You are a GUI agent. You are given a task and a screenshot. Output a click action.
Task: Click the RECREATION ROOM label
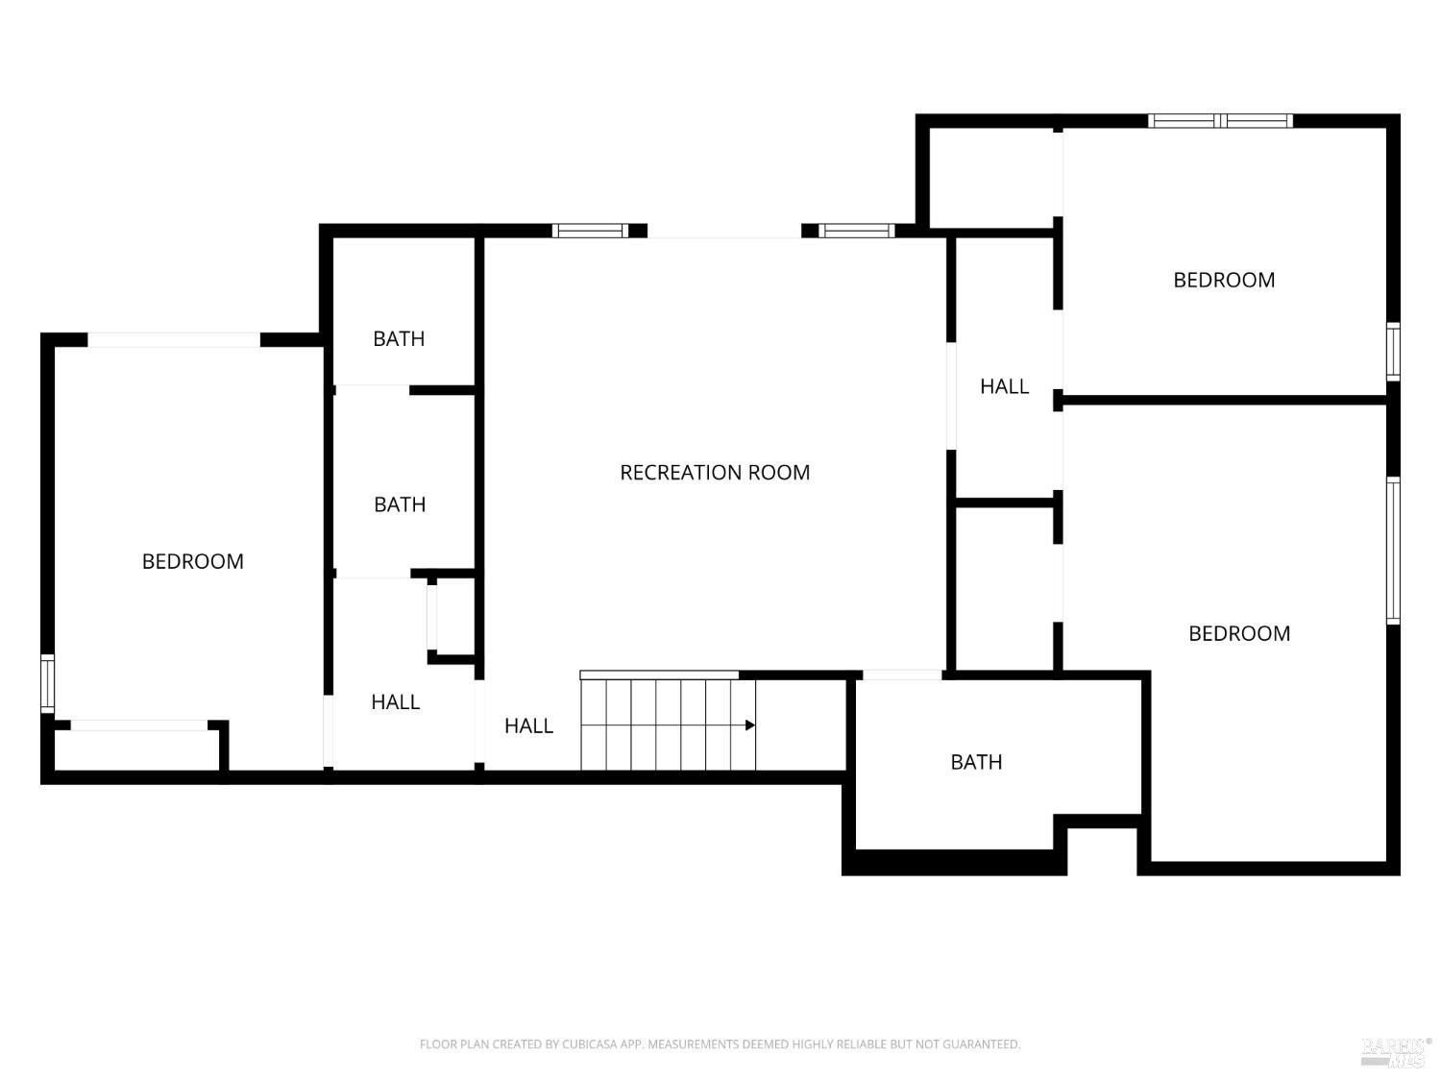pos(715,472)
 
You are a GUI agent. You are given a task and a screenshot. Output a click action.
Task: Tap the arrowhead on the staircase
pos(750,725)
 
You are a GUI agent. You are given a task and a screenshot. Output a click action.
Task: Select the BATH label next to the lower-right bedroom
pos(976,762)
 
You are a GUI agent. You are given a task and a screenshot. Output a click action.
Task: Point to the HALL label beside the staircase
pos(528,725)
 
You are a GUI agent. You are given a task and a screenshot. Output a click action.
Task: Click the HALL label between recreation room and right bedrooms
pos(1004,386)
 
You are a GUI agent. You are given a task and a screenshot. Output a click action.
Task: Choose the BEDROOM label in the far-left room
pos(192,561)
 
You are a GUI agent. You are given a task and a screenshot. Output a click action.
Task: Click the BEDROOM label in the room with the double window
pos(1224,280)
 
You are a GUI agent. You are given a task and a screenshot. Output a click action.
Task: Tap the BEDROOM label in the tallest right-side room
pos(1239,633)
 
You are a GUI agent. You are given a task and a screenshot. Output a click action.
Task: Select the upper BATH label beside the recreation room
pos(399,338)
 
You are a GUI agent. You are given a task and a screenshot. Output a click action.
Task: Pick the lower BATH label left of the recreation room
pos(400,504)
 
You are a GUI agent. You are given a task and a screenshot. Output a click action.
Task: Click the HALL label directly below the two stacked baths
pos(395,702)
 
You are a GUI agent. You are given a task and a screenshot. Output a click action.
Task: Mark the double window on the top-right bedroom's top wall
pos(1221,121)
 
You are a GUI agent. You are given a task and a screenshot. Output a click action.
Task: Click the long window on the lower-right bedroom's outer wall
pos(1393,550)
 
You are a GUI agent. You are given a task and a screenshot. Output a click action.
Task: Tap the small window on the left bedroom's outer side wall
pos(47,683)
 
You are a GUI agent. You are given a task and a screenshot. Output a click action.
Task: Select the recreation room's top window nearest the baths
pos(590,231)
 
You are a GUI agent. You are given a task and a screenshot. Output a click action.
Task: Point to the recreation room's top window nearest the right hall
pos(856,231)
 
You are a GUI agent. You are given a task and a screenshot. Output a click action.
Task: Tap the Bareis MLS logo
pos(1395,1051)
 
